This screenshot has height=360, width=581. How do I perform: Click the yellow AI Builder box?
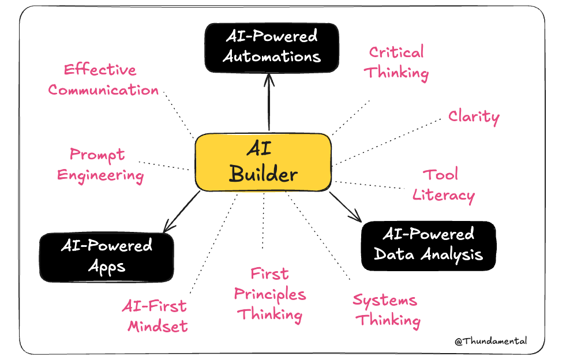(263, 162)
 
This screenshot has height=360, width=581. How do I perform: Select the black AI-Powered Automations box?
(272, 47)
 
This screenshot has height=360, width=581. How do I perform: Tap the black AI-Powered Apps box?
(107, 256)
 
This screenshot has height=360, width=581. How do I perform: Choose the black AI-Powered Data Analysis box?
(428, 245)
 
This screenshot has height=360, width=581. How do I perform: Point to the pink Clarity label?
(474, 117)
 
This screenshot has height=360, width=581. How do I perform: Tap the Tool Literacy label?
(443, 185)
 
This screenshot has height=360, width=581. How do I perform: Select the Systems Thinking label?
(387, 310)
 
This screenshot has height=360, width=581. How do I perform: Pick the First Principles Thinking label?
(270, 294)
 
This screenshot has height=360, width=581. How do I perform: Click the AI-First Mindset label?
(155, 316)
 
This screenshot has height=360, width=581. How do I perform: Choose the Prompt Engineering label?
(100, 165)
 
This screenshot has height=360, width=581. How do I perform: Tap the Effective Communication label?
(103, 80)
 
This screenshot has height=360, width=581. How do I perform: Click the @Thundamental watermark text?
(490, 341)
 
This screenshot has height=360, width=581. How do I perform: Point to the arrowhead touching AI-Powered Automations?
(269, 78)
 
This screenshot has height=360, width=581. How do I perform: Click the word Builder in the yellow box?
(263, 174)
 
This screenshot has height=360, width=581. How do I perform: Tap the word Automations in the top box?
(272, 57)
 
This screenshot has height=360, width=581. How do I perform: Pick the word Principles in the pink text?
(270, 294)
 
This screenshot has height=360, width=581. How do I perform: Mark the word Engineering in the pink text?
(100, 175)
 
